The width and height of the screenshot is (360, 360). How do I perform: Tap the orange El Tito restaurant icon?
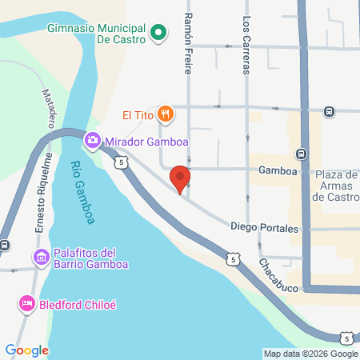[166, 114]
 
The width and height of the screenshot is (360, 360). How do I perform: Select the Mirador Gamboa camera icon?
[93, 141]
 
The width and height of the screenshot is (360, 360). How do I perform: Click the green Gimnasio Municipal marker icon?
[158, 33]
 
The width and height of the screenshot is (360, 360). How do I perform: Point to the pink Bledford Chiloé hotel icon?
[26, 304]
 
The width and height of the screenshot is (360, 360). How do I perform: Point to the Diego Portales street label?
[265, 227]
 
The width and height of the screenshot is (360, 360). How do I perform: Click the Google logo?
[27, 350]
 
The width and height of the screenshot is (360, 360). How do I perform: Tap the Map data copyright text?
[311, 354]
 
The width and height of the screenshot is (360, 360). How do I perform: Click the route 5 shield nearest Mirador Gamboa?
[120, 162]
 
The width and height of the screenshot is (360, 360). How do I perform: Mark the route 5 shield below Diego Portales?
[231, 258]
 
